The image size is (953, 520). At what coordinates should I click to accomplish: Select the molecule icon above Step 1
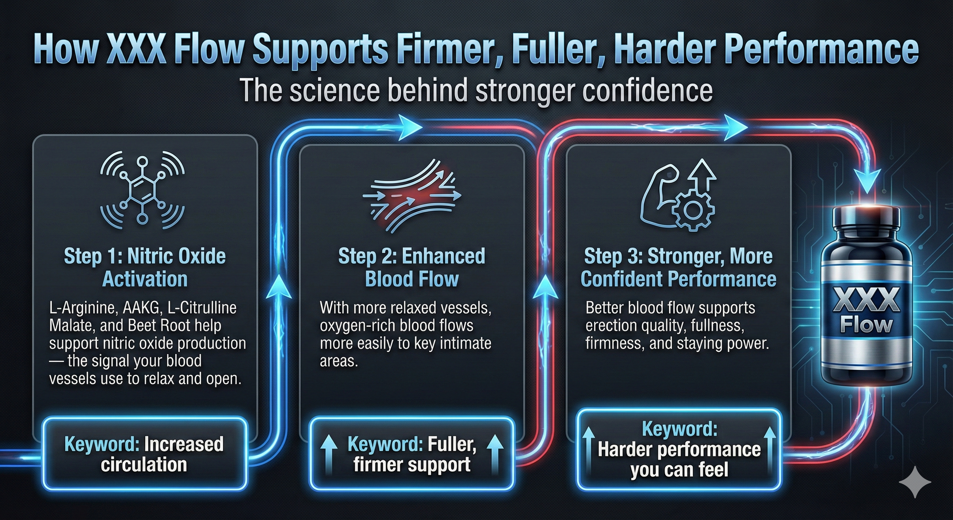tap(142, 188)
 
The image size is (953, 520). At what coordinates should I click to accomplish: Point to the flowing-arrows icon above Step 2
tap(412, 195)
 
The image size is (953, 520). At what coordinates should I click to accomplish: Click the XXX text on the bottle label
tap(867, 300)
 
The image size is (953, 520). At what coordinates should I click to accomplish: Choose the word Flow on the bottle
tap(866, 325)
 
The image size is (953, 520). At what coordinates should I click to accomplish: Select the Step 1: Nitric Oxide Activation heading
tap(145, 267)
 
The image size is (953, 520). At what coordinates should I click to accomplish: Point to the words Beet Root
tap(189, 326)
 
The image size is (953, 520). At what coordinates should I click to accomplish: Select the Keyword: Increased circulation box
tap(144, 454)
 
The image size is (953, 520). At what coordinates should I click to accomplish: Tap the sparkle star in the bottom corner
tap(915, 482)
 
